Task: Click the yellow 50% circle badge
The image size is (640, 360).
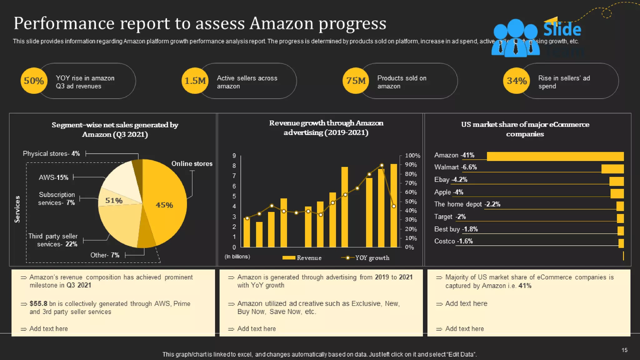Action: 34,81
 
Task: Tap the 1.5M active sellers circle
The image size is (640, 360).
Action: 195,81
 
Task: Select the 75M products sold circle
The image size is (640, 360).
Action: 356,81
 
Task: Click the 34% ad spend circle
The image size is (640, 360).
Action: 517,81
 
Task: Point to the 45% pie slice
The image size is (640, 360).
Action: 164,205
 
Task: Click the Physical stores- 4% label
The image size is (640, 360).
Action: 51,154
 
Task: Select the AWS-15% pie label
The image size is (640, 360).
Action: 53,177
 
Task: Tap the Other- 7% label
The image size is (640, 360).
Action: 105,255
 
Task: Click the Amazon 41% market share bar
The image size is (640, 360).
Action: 555,156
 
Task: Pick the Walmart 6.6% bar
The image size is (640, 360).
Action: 612,169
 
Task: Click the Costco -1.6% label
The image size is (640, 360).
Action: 453,241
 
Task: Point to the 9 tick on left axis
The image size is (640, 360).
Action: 234,156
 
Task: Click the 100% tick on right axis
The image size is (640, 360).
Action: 412,156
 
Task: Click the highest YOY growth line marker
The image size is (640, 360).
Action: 382,165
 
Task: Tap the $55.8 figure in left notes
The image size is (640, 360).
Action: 38,304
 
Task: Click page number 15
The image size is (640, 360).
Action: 624,350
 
